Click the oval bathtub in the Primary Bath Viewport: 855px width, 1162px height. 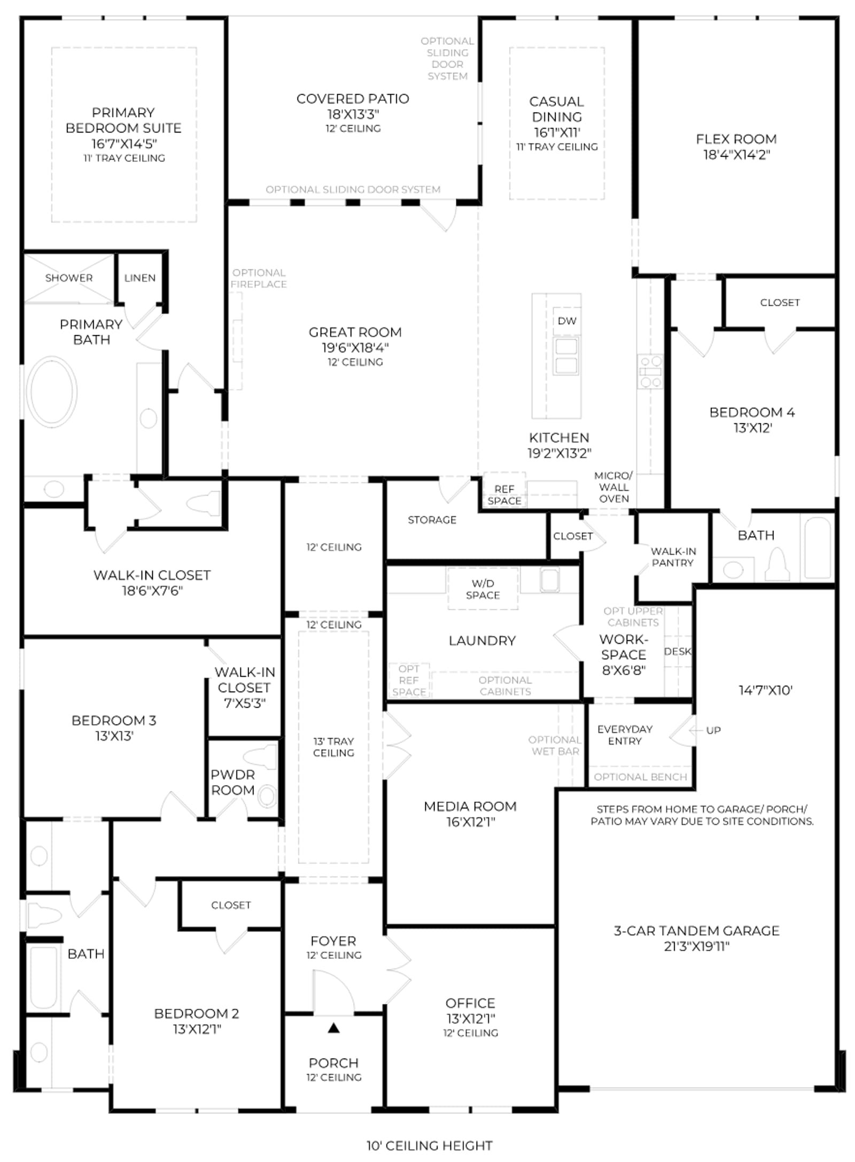(x=51, y=392)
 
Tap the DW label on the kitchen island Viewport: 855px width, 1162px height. (x=567, y=321)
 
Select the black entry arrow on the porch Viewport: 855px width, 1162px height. (x=333, y=1027)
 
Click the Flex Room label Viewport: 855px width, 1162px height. (x=736, y=139)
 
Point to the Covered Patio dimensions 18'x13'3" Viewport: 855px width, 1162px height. (x=353, y=114)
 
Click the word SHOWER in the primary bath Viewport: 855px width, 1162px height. (x=69, y=278)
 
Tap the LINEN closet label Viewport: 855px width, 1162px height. (x=140, y=278)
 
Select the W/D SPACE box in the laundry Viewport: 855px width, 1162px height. (x=483, y=589)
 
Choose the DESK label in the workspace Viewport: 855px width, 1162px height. (x=678, y=652)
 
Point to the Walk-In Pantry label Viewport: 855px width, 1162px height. (x=673, y=557)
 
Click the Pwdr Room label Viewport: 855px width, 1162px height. (x=232, y=782)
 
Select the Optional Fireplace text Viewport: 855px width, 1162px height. (x=259, y=278)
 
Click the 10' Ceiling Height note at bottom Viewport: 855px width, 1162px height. (x=429, y=1145)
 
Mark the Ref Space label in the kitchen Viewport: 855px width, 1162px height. (x=504, y=495)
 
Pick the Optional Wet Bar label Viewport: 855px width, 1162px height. (x=555, y=746)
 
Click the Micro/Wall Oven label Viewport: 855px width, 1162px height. (x=613, y=487)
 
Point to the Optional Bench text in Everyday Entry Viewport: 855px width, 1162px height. (x=640, y=777)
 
